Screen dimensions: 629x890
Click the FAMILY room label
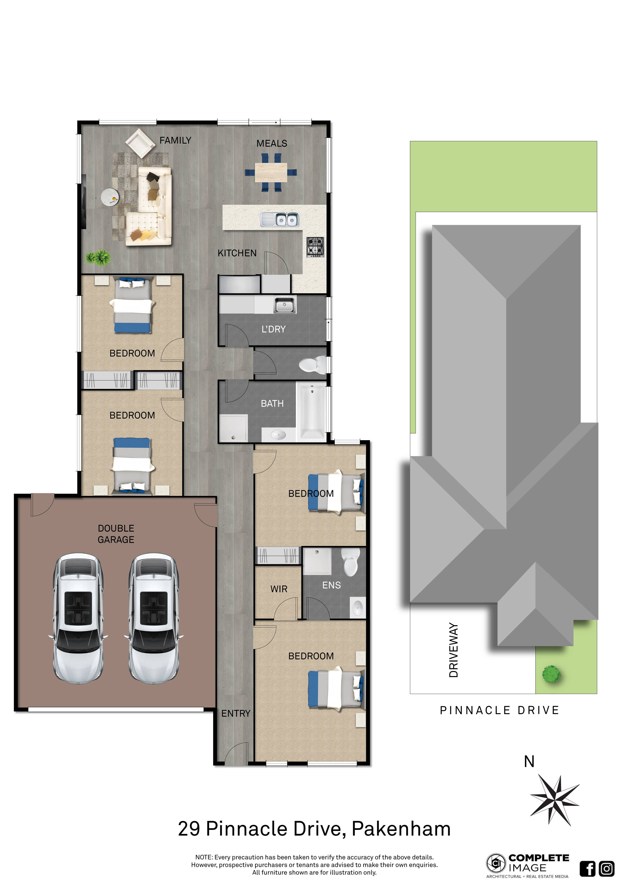point(175,140)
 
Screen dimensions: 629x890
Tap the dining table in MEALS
point(271,173)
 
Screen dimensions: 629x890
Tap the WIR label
point(279,589)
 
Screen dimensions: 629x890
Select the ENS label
point(332,585)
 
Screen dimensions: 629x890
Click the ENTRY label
point(236,713)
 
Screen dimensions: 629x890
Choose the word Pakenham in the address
point(401,829)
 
